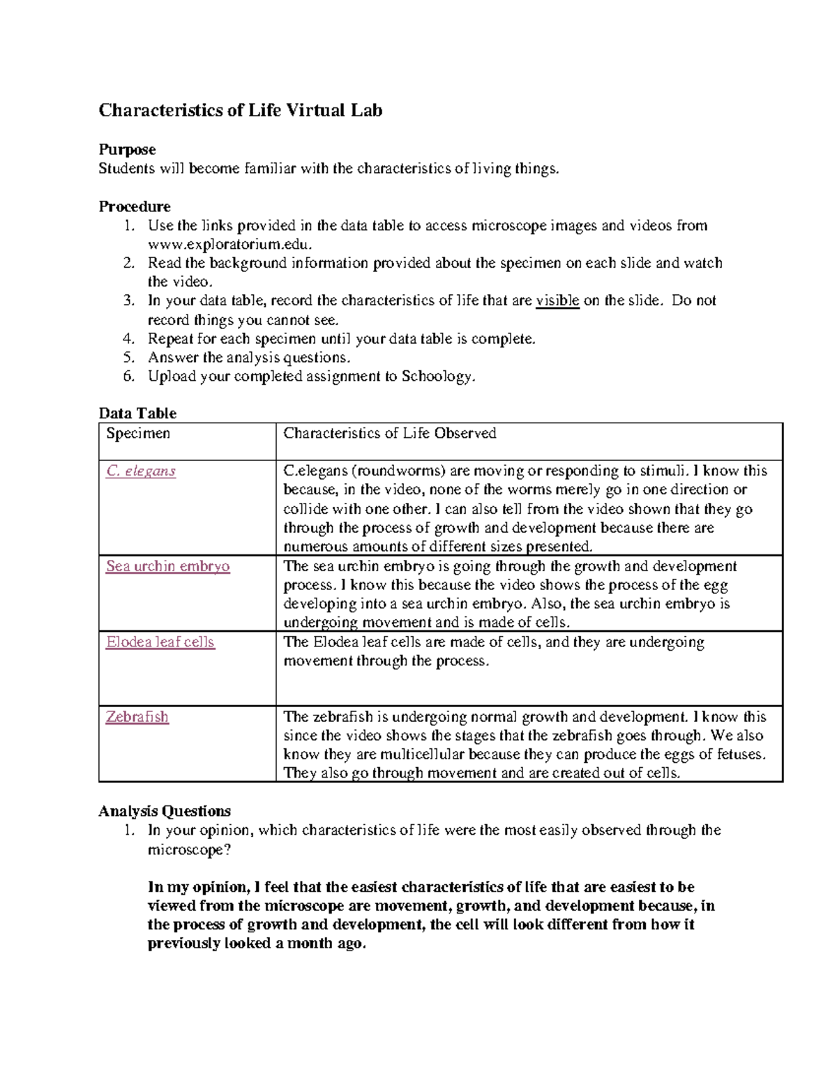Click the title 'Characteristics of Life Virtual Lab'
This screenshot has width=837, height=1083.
tap(240, 110)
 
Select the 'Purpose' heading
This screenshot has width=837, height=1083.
tap(127, 149)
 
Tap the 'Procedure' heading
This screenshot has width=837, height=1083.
tap(135, 206)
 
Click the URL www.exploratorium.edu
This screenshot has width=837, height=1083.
tap(229, 244)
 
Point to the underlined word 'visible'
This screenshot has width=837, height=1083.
tap(557, 301)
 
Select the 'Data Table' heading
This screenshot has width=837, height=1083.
tap(137, 413)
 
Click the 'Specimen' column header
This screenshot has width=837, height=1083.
tap(138, 434)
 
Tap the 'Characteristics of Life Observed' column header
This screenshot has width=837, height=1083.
tap(389, 434)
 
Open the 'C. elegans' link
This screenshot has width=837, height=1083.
tap(141, 471)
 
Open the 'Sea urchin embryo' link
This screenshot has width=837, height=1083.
tap(167, 566)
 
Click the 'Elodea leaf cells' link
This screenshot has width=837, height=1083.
tap(160, 642)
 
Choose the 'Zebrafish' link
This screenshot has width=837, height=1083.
tap(137, 717)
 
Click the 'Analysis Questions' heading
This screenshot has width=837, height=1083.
tap(165, 811)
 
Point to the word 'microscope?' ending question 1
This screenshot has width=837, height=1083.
tap(189, 849)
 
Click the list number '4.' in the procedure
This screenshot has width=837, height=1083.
tap(128, 339)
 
